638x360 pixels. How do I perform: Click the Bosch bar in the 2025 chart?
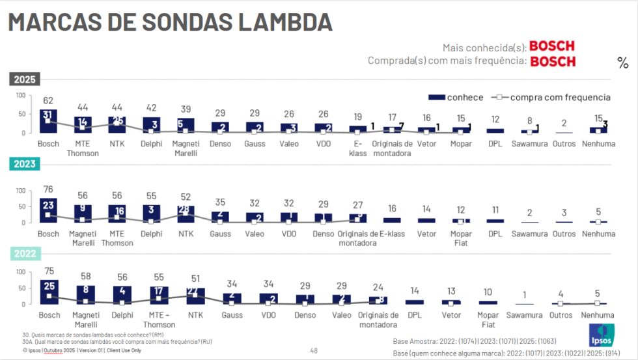(x=48, y=121)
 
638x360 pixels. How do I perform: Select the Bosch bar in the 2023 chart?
(x=48, y=210)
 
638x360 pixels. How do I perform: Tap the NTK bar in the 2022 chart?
(x=195, y=296)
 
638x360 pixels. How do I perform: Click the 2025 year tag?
(x=24, y=80)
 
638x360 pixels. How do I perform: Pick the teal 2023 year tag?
(x=24, y=165)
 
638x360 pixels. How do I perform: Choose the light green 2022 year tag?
(x=24, y=254)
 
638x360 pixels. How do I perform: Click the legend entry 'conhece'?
(x=456, y=97)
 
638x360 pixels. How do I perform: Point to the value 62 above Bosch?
(x=48, y=101)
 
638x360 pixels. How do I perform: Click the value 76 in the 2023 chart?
(x=48, y=190)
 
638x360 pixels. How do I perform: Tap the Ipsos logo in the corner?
(x=601, y=335)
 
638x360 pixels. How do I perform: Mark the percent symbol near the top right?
(x=623, y=63)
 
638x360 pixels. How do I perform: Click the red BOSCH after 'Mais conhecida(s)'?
(x=552, y=46)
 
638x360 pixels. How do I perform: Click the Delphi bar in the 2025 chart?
(x=152, y=125)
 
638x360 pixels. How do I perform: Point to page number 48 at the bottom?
(x=314, y=351)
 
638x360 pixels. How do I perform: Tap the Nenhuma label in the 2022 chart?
(x=598, y=316)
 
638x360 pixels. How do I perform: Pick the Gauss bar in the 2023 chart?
(x=221, y=217)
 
